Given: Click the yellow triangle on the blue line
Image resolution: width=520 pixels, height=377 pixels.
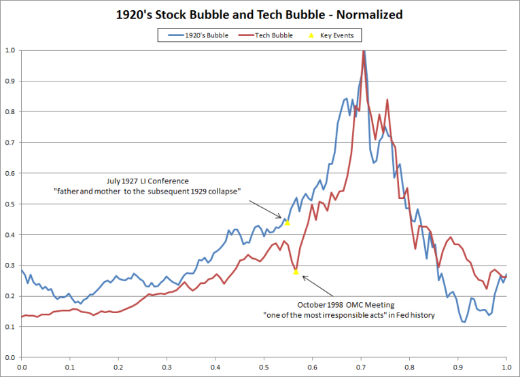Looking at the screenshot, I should (288, 221).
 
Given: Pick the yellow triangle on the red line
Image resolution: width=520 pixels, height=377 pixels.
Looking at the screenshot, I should (296, 271).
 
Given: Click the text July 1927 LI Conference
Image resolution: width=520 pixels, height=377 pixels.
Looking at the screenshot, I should (148, 181).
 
